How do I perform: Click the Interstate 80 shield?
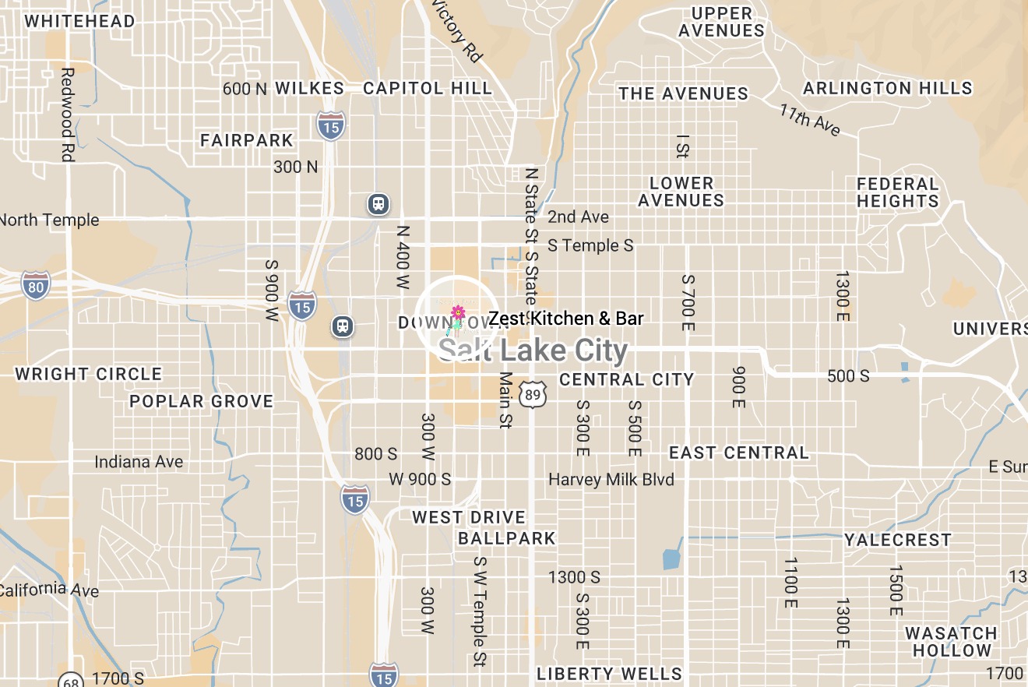36,285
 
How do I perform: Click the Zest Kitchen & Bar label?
566,319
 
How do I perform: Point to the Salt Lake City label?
533,351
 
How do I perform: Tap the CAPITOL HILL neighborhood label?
428,88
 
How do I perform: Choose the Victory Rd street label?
457,31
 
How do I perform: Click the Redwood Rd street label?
67,114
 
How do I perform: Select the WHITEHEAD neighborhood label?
79,21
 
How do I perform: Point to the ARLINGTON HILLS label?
888,88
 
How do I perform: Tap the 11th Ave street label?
810,120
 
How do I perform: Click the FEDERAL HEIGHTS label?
898,192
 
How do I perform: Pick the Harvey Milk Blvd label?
611,479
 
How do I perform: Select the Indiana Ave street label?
139,462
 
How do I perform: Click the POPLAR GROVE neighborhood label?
202,401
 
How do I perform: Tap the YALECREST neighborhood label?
898,540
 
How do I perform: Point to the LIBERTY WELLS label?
609,674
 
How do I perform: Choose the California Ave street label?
50,590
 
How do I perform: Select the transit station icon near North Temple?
378,204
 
